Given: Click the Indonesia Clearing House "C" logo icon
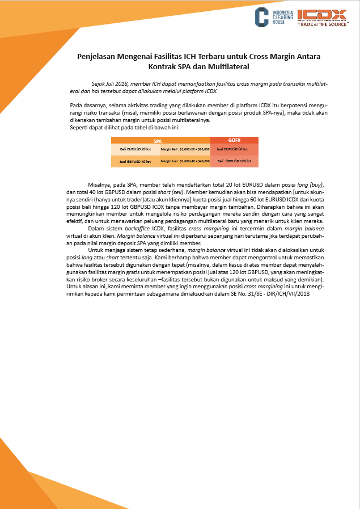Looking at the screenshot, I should click(261, 16).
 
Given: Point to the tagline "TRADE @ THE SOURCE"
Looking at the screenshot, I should click(321, 24).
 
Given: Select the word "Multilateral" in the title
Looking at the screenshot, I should click(230, 67).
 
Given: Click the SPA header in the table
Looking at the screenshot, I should click(160, 140).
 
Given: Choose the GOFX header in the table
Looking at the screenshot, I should click(234, 140).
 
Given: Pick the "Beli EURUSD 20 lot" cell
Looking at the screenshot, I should click(135, 149).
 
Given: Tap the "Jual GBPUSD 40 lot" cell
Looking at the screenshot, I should click(135, 162).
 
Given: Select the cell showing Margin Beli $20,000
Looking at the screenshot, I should click(185, 149).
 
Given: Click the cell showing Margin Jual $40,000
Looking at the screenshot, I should click(185, 162).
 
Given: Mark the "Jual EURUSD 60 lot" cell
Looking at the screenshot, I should click(234, 149).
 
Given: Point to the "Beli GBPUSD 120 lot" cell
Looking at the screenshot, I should click(234, 162).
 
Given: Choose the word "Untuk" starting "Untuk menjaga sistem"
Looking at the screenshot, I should click(96, 249).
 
